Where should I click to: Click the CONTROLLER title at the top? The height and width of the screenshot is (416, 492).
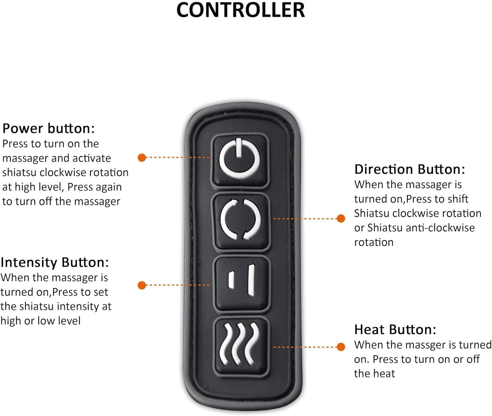coord(240,9)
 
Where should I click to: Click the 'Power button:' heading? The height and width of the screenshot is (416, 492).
coord(48,128)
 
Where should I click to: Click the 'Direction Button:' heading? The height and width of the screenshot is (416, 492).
coord(409,169)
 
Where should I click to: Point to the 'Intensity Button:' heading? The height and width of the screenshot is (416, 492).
coord(54,262)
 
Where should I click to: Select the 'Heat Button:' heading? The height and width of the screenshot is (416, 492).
coord(395,330)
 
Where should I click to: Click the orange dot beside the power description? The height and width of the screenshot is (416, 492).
coord(142,158)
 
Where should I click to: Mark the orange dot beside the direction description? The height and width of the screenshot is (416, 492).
coord(341,218)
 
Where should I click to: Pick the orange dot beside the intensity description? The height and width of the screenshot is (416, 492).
coord(142,285)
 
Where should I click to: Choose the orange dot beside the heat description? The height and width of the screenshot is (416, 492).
coord(341,347)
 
